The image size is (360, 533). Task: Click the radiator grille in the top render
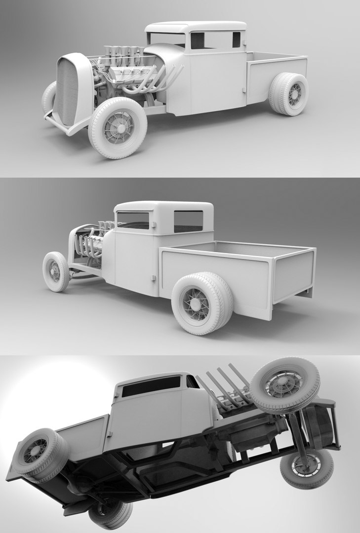(68, 92)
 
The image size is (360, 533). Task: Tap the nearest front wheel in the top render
(118, 127)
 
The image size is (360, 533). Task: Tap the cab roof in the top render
(195, 26)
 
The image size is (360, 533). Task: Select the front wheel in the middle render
(55, 271)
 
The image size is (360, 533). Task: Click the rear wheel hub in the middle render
(197, 303)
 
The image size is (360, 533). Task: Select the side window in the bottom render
(151, 386)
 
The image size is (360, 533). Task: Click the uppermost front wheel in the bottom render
(285, 383)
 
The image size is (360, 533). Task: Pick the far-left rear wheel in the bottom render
(39, 453)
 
